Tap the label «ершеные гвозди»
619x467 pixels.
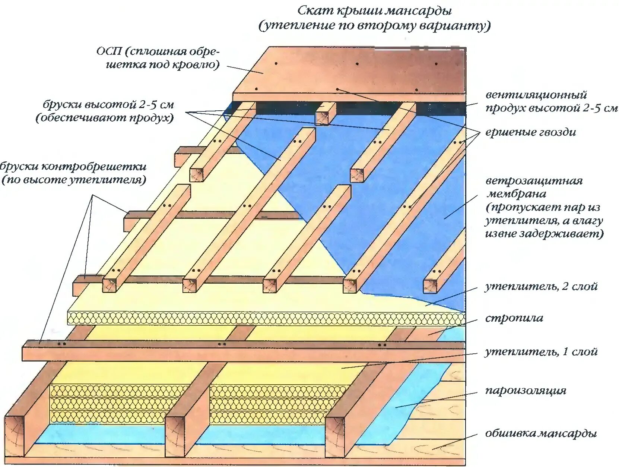(531, 132)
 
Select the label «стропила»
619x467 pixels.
(514, 318)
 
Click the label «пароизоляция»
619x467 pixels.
(526, 390)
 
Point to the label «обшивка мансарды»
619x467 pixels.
(541, 433)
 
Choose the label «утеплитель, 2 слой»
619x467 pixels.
(541, 286)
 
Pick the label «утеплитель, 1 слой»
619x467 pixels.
(541, 351)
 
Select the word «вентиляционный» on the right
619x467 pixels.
(536, 95)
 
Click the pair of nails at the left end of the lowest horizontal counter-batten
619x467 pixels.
(62, 344)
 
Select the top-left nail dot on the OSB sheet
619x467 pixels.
(276, 63)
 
